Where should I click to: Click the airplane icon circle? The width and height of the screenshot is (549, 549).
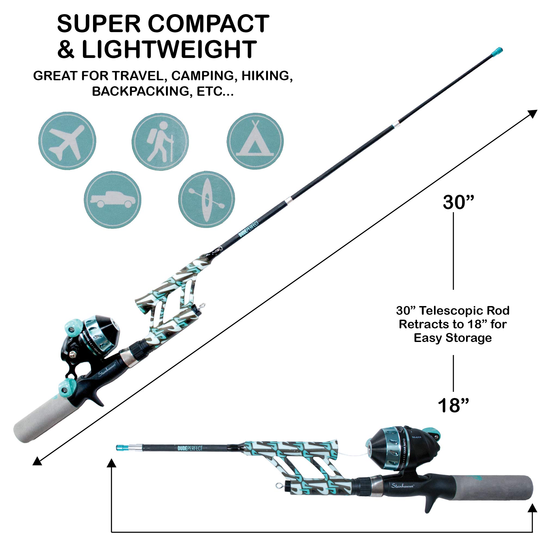pyautogui.click(x=67, y=141)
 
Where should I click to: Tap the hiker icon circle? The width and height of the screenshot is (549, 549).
pyautogui.click(x=160, y=141)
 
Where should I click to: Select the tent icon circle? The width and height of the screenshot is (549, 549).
pyautogui.click(x=255, y=141)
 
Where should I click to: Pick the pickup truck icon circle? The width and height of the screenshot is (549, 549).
pyautogui.click(x=113, y=200)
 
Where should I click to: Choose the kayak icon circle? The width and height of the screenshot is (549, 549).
pyautogui.click(x=206, y=199)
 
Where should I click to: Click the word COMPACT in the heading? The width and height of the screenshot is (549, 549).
pyautogui.click(x=208, y=24)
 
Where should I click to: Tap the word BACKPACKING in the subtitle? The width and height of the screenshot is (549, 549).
pyautogui.click(x=141, y=91)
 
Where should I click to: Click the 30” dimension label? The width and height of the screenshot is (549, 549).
pyautogui.click(x=458, y=202)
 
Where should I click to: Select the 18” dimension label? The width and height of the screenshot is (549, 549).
pyautogui.click(x=453, y=406)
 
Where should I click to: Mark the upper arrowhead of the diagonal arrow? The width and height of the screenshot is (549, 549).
pyautogui.click(x=532, y=114)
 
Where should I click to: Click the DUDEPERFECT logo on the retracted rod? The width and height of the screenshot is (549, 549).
pyautogui.click(x=190, y=448)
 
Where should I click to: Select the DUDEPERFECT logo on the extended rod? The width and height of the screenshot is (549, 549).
pyautogui.click(x=249, y=229)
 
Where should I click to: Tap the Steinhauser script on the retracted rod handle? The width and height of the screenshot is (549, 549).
pyautogui.click(x=402, y=486)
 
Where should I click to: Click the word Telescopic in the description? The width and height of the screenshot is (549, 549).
pyautogui.click(x=452, y=311)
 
